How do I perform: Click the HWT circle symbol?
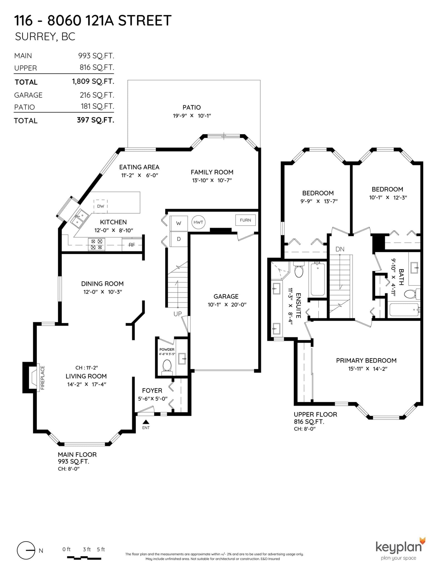coord(198,222)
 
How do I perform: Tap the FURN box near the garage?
coord(245,220)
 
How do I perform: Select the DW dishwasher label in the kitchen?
coord(101,206)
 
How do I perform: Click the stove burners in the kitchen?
coord(97,244)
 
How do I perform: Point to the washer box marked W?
coord(179,223)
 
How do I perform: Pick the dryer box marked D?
coord(179,239)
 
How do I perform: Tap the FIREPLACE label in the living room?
coord(43,378)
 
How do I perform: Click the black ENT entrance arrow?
coord(146,422)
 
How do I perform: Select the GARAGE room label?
coord(226,296)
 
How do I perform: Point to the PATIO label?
coord(192,107)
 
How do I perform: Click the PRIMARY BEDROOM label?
coord(366,360)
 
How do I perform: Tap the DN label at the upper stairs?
coord(340,249)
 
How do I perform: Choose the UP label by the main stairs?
coord(178,314)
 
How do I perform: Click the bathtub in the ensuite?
coord(318,279)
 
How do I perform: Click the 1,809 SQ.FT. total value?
coord(93,81)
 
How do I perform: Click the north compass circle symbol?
coord(26,550)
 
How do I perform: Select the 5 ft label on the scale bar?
coord(101,549)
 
